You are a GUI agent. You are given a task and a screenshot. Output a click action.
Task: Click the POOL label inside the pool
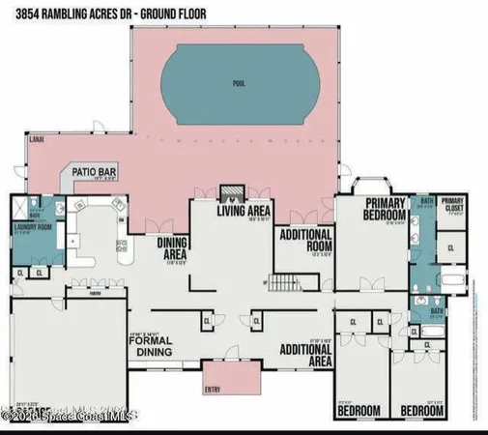239,84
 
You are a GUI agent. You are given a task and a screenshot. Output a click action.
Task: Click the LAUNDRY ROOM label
31,229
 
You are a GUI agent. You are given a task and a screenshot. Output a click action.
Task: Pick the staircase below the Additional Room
281,284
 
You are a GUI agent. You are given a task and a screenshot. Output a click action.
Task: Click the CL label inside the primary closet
451,248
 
